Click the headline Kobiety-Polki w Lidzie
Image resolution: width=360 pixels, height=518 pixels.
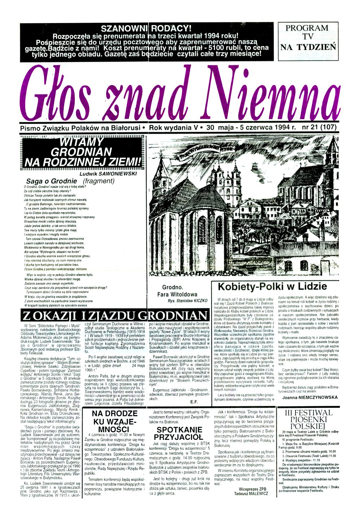(273, 287)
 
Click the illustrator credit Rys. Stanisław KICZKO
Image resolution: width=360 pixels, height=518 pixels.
(187, 300)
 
